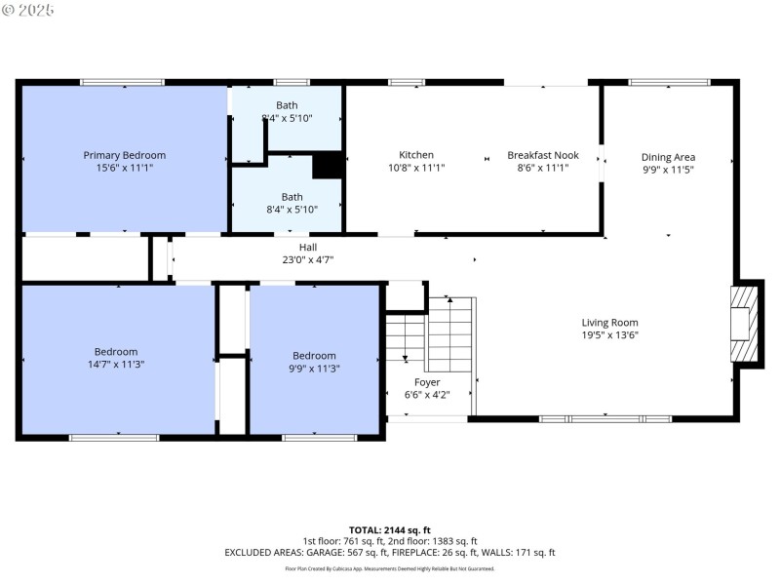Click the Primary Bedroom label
[125, 155]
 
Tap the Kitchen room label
[416, 155]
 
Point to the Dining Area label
[668, 156]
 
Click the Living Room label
[609, 323]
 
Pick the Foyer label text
[427, 382]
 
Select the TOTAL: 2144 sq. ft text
[389, 529]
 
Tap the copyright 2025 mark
[28, 10]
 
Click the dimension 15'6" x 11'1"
[125, 168]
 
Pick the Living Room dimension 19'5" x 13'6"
[609, 335]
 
